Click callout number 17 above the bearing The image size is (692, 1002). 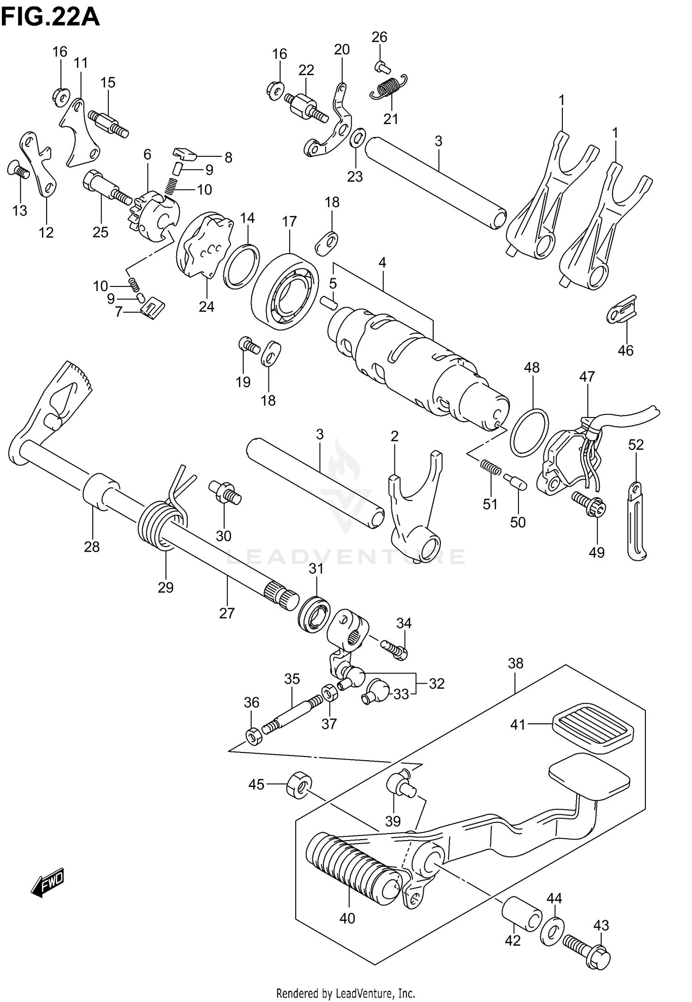point(289,222)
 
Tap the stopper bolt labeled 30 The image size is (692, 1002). point(224,493)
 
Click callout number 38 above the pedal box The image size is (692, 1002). point(515,663)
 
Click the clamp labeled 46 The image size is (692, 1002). point(621,310)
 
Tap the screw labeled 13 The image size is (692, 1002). point(18,172)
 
